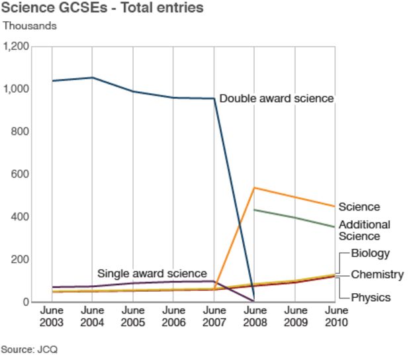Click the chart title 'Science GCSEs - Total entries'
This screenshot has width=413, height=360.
(x=103, y=9)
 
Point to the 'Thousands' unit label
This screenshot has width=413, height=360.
(x=30, y=26)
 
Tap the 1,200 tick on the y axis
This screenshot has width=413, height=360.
(x=17, y=47)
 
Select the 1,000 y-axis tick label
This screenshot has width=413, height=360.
(x=17, y=89)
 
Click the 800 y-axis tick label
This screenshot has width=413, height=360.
(x=21, y=132)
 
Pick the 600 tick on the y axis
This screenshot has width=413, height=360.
(x=21, y=174)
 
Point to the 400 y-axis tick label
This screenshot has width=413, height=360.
(x=21, y=217)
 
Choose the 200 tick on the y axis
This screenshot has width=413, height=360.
(x=21, y=259)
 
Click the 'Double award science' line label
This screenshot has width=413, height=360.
(x=276, y=99)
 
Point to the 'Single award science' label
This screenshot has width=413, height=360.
(x=152, y=273)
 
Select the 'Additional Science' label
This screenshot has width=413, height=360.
(x=364, y=230)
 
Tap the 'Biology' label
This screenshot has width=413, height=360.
(x=370, y=253)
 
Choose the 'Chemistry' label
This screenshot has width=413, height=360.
(x=377, y=275)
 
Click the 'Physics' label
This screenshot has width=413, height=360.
(x=371, y=297)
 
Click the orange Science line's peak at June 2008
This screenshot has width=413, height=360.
(x=255, y=188)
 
